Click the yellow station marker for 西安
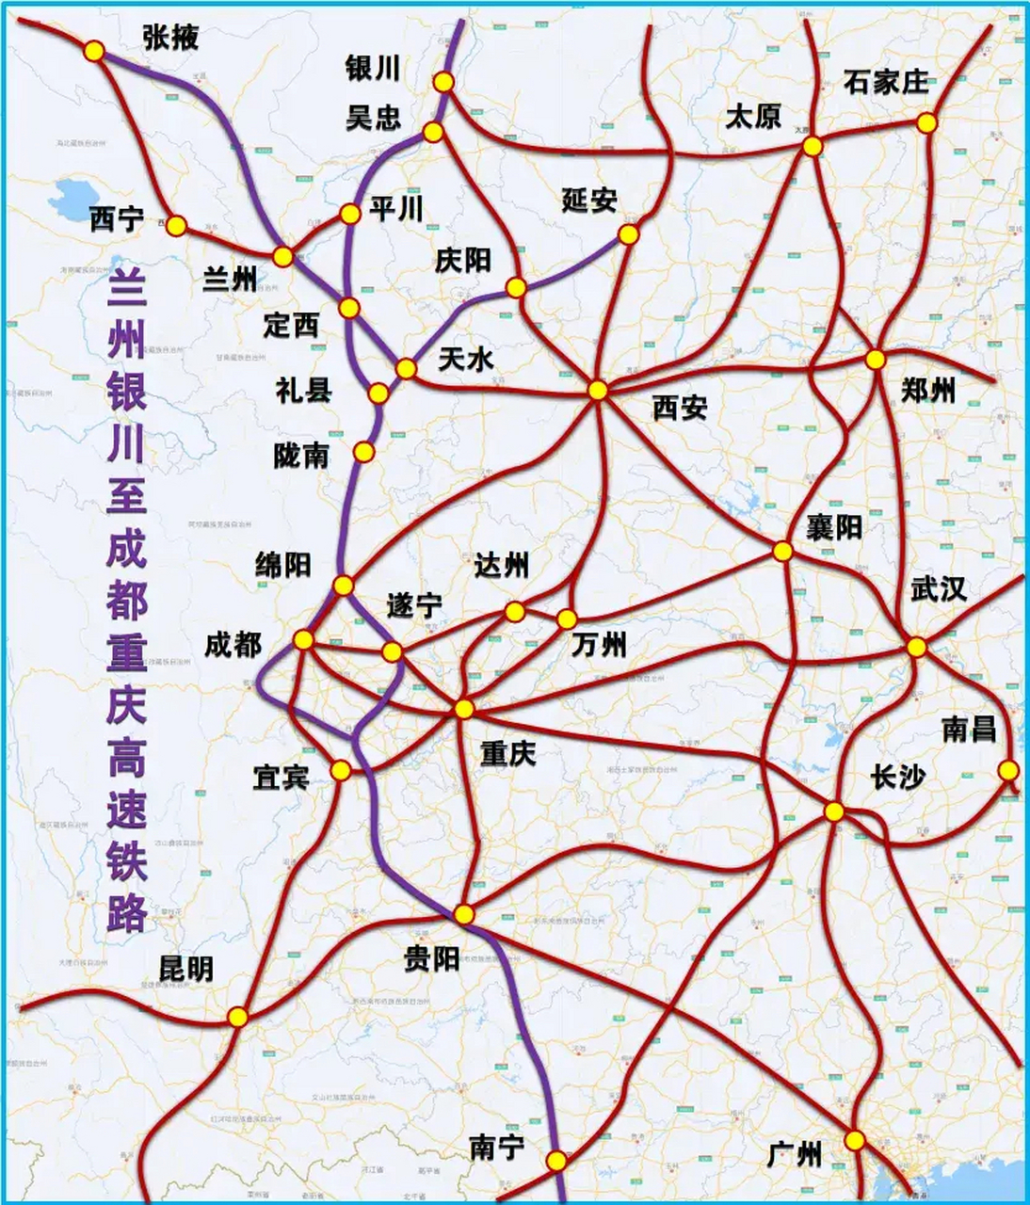[598, 390]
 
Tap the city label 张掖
[171, 37]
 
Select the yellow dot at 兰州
[282, 256]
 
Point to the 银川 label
[373, 68]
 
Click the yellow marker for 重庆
[463, 709]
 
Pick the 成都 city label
[233, 645]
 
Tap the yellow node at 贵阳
[463, 914]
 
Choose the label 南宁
[496, 1148]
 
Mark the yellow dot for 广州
[854, 1140]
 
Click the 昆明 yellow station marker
[237, 1017]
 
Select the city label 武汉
[938, 589]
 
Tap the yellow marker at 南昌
[1008, 770]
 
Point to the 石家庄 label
[886, 82]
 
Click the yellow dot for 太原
[812, 146]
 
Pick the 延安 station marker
[628, 234]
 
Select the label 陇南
[301, 456]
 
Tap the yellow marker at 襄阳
[782, 551]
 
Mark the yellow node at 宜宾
[341, 771]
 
